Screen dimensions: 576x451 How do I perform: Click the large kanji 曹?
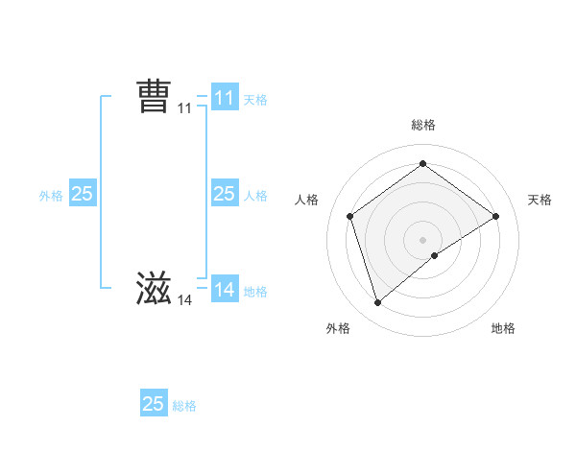pyautogui.click(x=154, y=97)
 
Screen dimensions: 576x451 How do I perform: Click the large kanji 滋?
pyautogui.click(x=154, y=290)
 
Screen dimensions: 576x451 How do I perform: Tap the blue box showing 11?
pyautogui.click(x=224, y=97)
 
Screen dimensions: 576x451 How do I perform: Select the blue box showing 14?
pyautogui.click(x=224, y=290)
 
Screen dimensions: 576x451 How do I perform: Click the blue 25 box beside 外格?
pyautogui.click(x=82, y=194)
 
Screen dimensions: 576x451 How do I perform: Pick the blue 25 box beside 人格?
pyautogui.click(x=224, y=194)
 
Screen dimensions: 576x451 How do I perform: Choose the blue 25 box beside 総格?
pyautogui.click(x=154, y=404)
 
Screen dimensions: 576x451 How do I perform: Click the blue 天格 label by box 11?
pyautogui.click(x=255, y=99)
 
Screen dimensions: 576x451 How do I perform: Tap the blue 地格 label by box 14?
pyautogui.click(x=255, y=292)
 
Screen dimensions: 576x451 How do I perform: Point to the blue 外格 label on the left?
pyautogui.click(x=51, y=196)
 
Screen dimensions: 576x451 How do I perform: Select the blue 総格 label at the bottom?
pyautogui.click(x=184, y=406)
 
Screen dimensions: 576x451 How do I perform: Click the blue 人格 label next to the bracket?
pyautogui.click(x=255, y=196)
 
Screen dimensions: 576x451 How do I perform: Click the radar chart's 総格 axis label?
pyautogui.click(x=422, y=125)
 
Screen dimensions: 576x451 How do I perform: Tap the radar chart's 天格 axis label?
pyautogui.click(x=540, y=200)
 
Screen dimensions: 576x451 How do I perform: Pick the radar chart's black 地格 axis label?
pyautogui.click(x=503, y=329)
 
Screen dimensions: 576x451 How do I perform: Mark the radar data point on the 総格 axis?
pyautogui.click(x=422, y=164)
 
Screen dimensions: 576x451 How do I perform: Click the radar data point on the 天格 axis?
pyautogui.click(x=495, y=216)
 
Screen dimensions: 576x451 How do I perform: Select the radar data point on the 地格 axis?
pyautogui.click(x=435, y=255)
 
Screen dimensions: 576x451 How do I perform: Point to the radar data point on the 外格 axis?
pyautogui.click(x=377, y=303)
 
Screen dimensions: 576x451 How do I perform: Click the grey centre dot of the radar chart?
pyautogui.click(x=422, y=239)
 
